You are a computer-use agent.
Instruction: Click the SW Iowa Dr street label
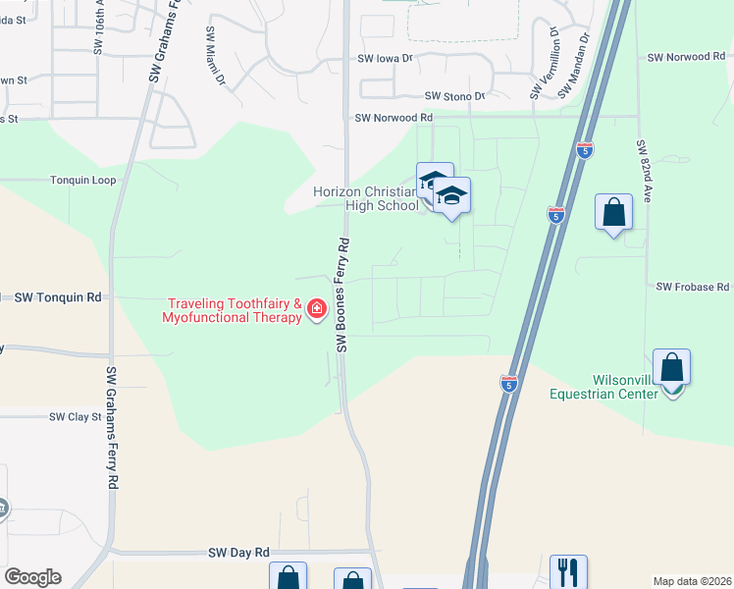(386, 58)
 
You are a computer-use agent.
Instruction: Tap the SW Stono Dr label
(454, 96)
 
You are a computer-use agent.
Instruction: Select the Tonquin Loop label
(83, 181)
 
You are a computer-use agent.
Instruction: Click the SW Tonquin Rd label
(58, 296)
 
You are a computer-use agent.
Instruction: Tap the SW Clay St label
(76, 416)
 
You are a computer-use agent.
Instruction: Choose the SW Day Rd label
(238, 554)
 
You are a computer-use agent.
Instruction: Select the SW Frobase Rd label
(693, 287)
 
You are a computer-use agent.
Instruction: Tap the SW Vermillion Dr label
(545, 64)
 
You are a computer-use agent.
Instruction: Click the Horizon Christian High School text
(366, 198)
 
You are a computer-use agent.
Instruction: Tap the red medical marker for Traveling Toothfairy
(317, 310)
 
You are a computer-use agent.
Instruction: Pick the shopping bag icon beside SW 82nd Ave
(613, 212)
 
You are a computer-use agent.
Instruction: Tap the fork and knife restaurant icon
(568, 570)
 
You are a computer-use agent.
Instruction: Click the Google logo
(32, 577)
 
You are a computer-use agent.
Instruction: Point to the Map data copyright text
(691, 581)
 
